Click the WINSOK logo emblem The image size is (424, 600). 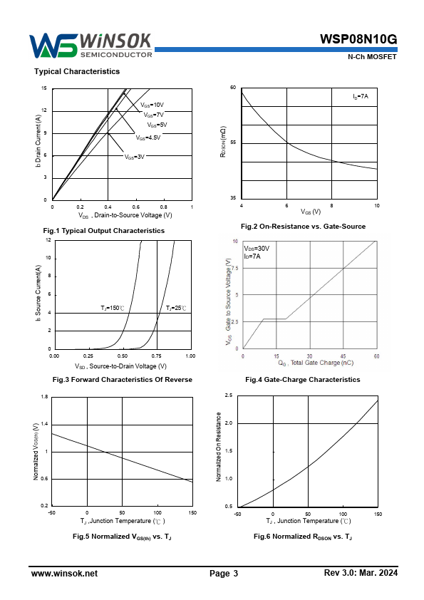53,46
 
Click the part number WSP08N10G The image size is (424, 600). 358,39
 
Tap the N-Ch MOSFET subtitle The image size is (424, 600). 372,56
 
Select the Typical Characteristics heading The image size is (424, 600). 77,71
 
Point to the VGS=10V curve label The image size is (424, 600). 152,105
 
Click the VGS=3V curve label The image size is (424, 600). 134,157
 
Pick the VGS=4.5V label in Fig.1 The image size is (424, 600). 148,138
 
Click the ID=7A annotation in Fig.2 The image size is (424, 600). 361,96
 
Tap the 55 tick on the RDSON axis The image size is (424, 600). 233,143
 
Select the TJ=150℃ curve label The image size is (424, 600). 113,308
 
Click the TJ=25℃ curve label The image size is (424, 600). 176,308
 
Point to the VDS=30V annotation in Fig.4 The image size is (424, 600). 257,249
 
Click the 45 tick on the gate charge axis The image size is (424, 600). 343,356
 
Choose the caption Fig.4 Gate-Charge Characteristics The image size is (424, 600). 303,380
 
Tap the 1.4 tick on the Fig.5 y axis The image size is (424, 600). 44,424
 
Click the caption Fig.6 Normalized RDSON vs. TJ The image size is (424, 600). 303,537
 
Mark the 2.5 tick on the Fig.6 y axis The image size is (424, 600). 229,395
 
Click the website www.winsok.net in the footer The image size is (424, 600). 64,574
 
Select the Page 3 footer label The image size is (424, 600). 224,574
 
